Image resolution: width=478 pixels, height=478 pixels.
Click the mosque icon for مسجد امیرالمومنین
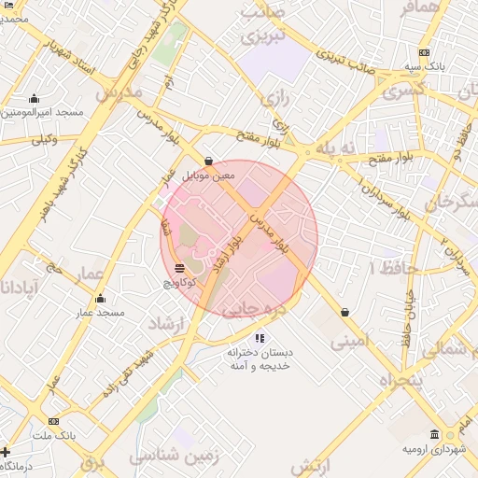35,98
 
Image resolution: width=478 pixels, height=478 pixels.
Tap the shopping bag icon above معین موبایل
207,161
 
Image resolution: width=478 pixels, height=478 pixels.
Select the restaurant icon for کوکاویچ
179,269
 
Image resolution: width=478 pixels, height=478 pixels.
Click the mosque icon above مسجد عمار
101,299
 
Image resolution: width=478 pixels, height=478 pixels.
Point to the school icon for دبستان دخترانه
260,338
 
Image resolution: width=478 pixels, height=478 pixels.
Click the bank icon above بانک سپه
425,52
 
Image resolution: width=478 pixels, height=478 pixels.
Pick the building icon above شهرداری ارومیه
435,434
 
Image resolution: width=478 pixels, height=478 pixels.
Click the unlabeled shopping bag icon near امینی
345,313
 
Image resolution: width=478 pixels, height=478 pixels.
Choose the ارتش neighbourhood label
312,465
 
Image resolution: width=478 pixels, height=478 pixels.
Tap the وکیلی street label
43,139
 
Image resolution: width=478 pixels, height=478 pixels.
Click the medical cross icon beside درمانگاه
7,452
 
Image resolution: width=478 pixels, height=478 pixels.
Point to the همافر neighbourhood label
418,7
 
